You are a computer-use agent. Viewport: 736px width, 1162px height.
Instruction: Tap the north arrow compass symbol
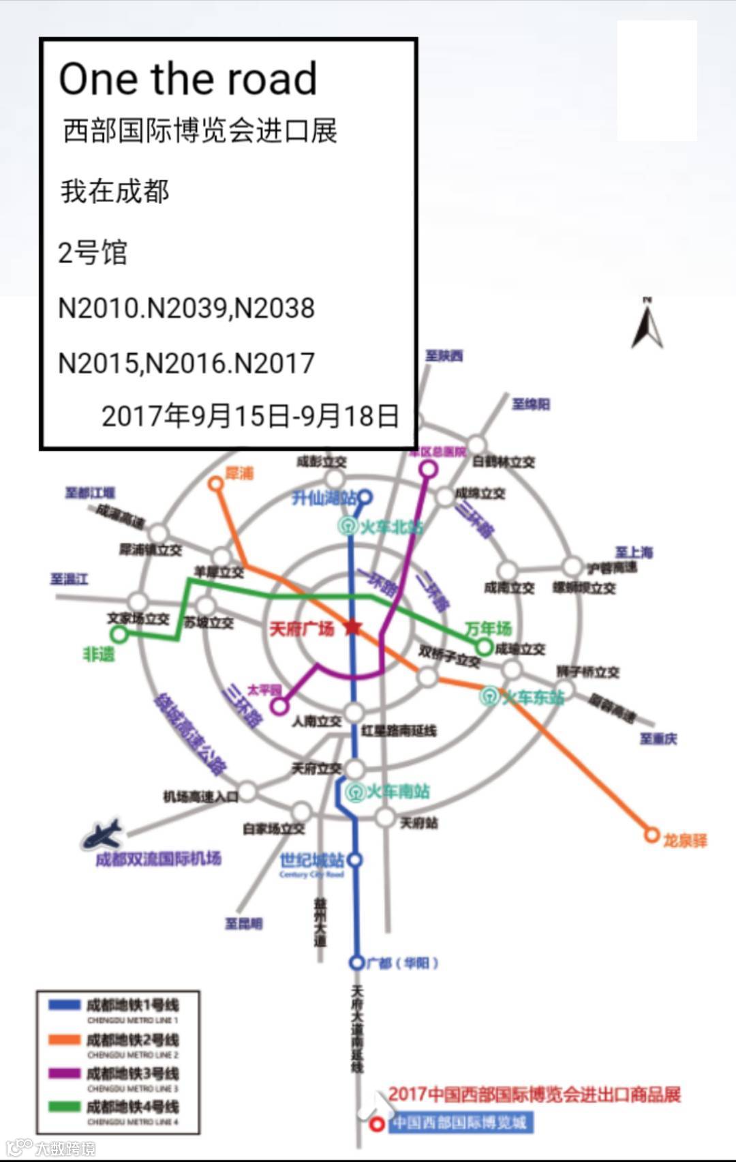click(x=647, y=324)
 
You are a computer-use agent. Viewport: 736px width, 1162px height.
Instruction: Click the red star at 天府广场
click(x=352, y=627)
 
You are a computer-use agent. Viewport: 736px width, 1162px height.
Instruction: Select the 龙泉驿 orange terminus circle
click(x=652, y=834)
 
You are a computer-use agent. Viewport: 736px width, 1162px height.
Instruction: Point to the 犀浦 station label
click(x=239, y=473)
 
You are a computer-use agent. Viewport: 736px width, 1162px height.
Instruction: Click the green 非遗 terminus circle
click(x=119, y=634)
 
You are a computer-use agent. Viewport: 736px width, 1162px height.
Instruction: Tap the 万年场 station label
click(x=488, y=627)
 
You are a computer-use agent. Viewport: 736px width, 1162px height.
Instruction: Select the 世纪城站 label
click(x=311, y=860)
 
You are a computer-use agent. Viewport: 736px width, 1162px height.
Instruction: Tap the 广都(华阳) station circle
click(x=356, y=962)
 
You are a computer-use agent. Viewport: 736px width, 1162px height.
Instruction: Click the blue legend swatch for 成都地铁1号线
click(x=65, y=1004)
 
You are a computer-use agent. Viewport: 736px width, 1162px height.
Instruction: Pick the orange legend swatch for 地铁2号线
click(x=65, y=1039)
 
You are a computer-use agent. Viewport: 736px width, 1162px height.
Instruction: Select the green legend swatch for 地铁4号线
click(x=65, y=1106)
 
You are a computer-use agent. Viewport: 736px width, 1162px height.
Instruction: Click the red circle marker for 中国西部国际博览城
click(x=377, y=1124)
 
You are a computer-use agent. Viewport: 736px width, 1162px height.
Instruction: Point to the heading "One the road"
click(x=188, y=78)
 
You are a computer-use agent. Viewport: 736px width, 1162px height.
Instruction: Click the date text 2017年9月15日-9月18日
click(x=250, y=415)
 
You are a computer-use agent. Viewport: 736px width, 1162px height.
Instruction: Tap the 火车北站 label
click(x=390, y=526)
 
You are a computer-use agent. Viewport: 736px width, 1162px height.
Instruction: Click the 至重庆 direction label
click(x=658, y=738)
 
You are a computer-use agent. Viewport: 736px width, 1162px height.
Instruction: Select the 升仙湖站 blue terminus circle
click(x=365, y=497)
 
